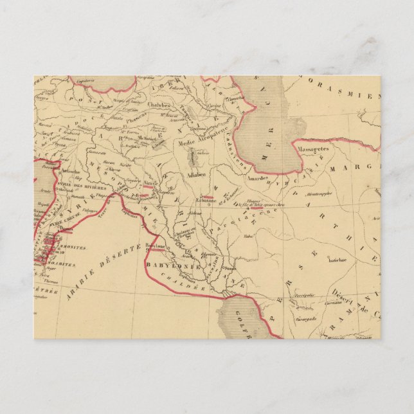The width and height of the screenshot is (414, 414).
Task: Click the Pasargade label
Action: (x=303, y=317)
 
